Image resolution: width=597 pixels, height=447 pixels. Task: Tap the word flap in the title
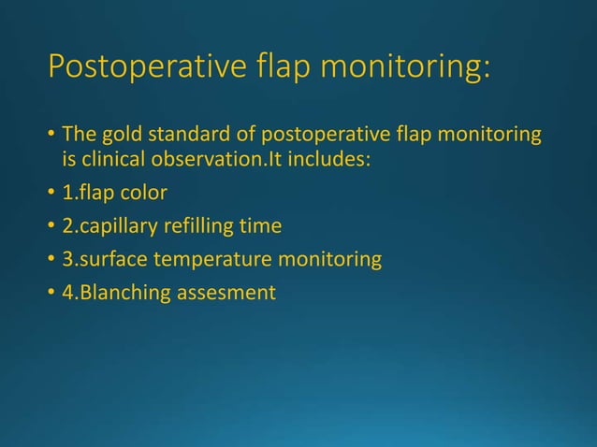(x=275, y=69)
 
